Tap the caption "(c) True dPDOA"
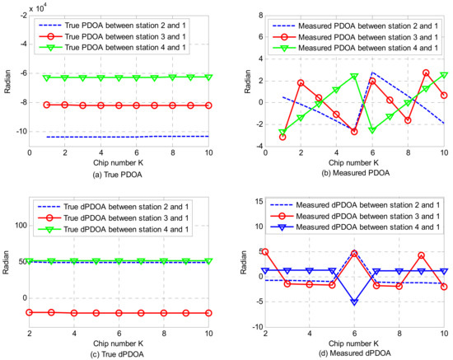pos(118,353)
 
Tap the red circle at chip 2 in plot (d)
pos(264,251)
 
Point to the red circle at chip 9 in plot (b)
pos(426,72)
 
